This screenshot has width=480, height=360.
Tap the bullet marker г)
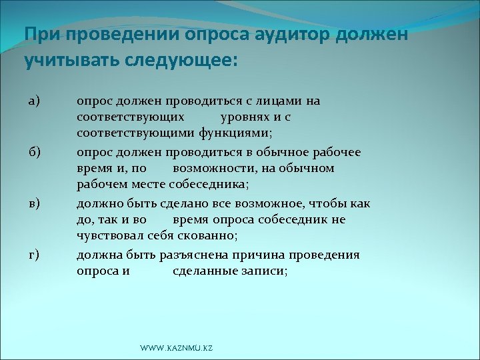tap(34, 255)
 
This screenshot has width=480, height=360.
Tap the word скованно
tap(207, 235)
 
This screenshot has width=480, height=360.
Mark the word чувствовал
tap(109, 235)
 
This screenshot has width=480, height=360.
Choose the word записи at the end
tap(265, 271)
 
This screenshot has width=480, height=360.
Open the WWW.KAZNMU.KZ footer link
tap(177, 349)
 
